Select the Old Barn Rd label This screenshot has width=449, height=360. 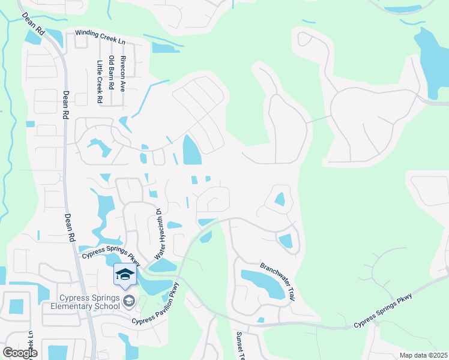coord(111,72)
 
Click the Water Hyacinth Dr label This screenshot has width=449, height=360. coord(160,234)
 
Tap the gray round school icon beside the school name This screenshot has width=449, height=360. coord(128,300)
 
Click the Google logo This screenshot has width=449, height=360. coord(20,353)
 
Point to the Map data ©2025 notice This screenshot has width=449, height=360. coord(423,355)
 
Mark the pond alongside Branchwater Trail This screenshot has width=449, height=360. coord(263,283)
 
